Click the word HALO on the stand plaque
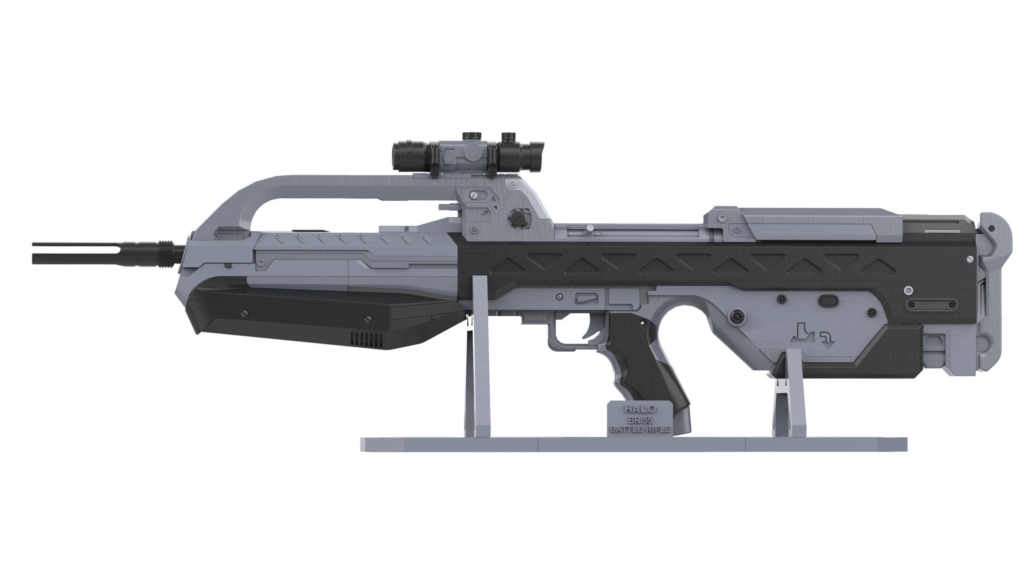pos(640,409)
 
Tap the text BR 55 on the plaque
pos(640,420)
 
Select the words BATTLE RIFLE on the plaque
pos(640,429)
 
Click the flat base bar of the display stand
pos(634,445)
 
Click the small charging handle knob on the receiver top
pos(589,228)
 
